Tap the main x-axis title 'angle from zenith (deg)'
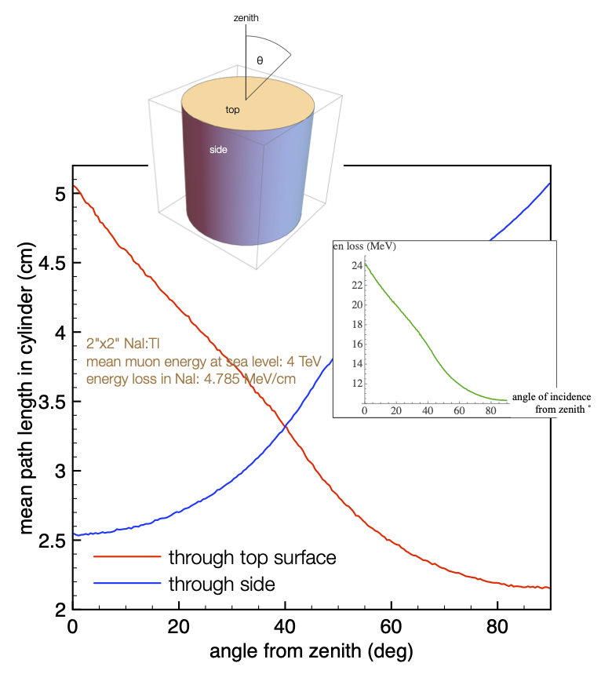[311, 651]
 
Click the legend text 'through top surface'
[252, 558]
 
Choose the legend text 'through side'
[221, 584]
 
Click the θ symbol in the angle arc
[260, 60]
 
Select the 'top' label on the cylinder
[232, 110]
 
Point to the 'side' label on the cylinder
[219, 149]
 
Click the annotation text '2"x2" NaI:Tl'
[126, 344]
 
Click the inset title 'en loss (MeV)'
[364, 247]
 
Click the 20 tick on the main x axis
[179, 627]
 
